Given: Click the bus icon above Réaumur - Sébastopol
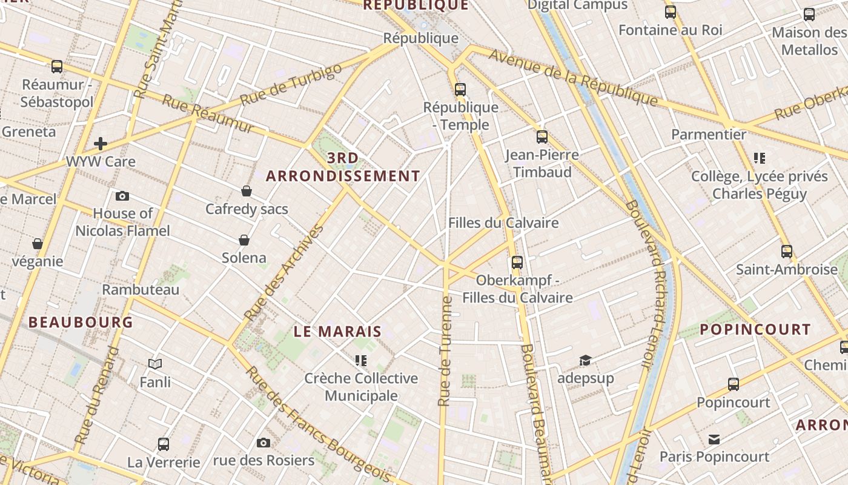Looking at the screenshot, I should pyautogui.click(x=57, y=67).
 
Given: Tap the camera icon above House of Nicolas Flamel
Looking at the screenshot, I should pyautogui.click(x=122, y=196).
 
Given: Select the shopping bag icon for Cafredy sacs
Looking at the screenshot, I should pyautogui.click(x=247, y=192).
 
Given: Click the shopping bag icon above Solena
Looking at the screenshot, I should pyautogui.click(x=244, y=241).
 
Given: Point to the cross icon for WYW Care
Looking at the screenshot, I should pyautogui.click(x=101, y=144).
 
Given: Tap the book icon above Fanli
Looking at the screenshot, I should pyautogui.click(x=155, y=364).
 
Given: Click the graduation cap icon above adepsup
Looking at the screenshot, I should pyautogui.click(x=585, y=361).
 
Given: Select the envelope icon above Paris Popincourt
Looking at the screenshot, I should pyautogui.click(x=714, y=439).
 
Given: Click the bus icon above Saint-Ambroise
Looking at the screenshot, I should pyautogui.click(x=787, y=251).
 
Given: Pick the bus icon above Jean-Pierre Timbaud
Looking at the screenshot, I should pyautogui.click(x=542, y=137).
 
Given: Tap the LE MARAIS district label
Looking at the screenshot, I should pyautogui.click(x=337, y=332).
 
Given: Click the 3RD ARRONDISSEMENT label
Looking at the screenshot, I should pyautogui.click(x=343, y=167).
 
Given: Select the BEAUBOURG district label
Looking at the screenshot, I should pyautogui.click(x=81, y=322).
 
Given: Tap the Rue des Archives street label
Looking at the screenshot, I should pyautogui.click(x=284, y=273).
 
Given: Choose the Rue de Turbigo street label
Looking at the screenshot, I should pyautogui.click(x=291, y=85).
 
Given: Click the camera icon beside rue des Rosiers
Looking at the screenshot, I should pyautogui.click(x=263, y=443).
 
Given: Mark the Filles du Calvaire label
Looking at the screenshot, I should pyautogui.click(x=503, y=222).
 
